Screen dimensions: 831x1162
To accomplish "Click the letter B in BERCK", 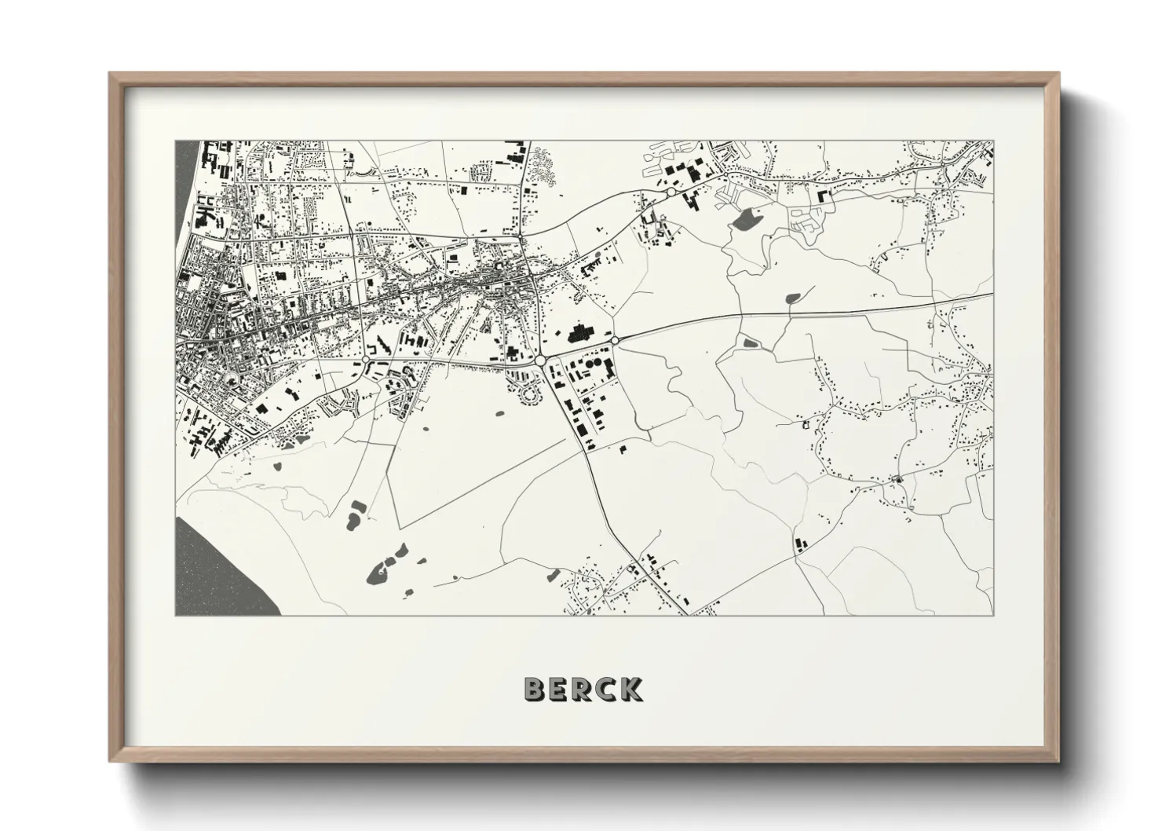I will tap(535, 689).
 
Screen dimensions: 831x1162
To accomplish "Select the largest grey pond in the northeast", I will tap(744, 219).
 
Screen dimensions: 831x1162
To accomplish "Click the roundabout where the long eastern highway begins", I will tap(615, 340).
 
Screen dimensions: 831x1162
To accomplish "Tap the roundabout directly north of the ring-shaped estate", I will tap(540, 360).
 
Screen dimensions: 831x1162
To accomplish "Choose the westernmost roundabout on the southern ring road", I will tap(366, 360).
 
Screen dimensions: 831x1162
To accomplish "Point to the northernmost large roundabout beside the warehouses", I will tap(671, 191).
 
